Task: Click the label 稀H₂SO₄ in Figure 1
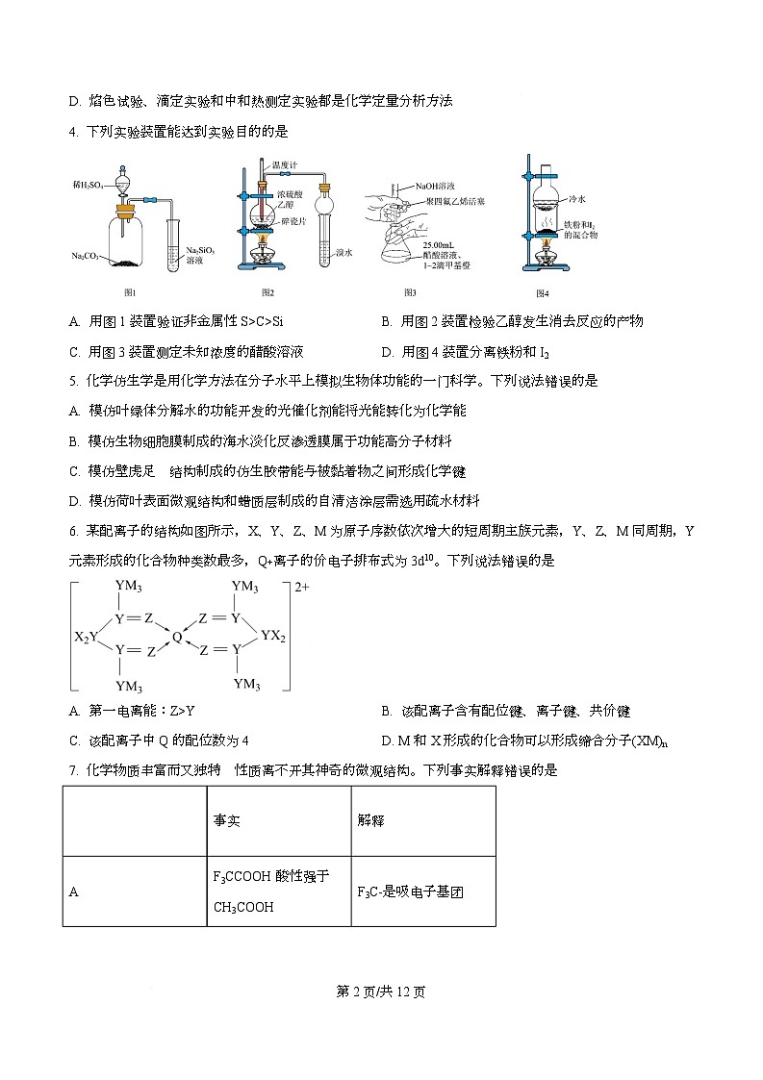(89, 183)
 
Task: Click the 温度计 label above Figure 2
(284, 165)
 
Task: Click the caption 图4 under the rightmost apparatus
(542, 292)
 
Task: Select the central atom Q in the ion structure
(177, 636)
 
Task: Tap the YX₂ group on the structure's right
(273, 637)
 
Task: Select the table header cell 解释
(370, 820)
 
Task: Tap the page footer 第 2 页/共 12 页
(381, 992)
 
